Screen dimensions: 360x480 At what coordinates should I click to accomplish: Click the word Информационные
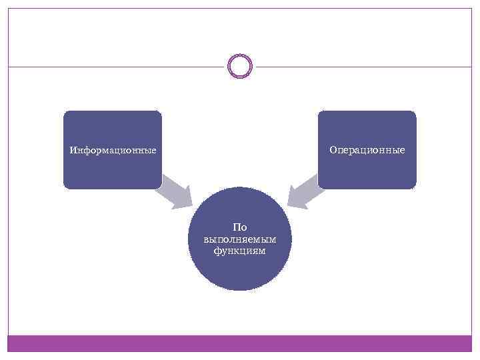click(x=113, y=150)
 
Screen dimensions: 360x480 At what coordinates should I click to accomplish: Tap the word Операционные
click(x=367, y=150)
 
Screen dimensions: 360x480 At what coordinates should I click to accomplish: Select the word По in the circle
click(x=240, y=227)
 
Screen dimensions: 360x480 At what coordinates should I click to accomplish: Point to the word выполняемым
click(x=240, y=239)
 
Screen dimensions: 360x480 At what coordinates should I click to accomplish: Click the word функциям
click(x=240, y=251)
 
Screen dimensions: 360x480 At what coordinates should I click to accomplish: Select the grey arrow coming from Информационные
click(x=175, y=194)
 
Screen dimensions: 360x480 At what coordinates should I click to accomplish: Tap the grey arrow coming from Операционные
click(x=305, y=194)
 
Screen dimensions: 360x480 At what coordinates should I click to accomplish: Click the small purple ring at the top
click(x=240, y=66)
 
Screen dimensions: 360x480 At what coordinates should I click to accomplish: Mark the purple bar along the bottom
click(x=240, y=343)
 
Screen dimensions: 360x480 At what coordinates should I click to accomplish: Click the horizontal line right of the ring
click(x=363, y=66)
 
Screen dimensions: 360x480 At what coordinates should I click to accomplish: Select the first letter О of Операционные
click(x=332, y=150)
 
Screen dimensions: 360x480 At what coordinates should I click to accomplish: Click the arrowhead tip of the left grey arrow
click(x=191, y=208)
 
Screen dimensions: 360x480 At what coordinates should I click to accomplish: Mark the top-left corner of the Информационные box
click(x=65, y=113)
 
